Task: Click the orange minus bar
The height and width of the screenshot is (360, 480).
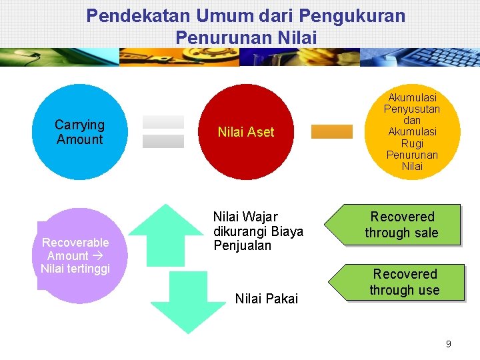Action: click(331, 131)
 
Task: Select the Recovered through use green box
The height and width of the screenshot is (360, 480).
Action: click(403, 282)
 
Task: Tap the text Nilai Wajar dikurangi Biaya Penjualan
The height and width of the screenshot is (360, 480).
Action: click(258, 231)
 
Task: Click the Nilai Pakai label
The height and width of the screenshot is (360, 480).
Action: click(267, 299)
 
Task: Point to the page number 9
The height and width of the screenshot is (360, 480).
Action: click(448, 344)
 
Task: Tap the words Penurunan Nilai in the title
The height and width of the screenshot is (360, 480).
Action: click(246, 37)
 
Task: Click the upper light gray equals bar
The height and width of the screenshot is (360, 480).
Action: click(163, 122)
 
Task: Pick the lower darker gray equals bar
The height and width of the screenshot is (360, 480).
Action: click(163, 141)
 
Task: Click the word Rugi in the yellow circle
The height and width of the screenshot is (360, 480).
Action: click(412, 143)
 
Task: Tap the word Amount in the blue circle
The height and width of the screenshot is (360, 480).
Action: click(80, 139)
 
